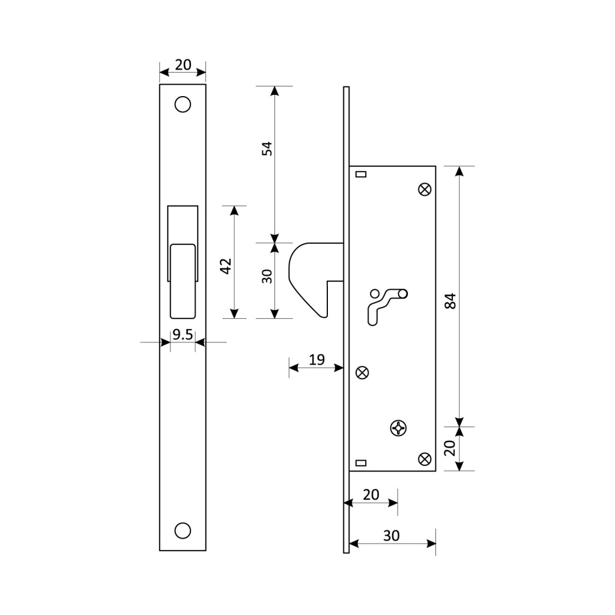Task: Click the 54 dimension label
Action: (x=267, y=149)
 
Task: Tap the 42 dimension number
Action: (x=226, y=266)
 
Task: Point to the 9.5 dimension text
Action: (x=183, y=335)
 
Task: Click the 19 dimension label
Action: (x=317, y=359)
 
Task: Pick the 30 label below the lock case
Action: (x=392, y=535)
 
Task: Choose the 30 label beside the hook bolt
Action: (x=267, y=276)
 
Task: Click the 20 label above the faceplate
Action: (x=183, y=65)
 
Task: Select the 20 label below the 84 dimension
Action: (x=449, y=448)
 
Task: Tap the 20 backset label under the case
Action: (x=371, y=495)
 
